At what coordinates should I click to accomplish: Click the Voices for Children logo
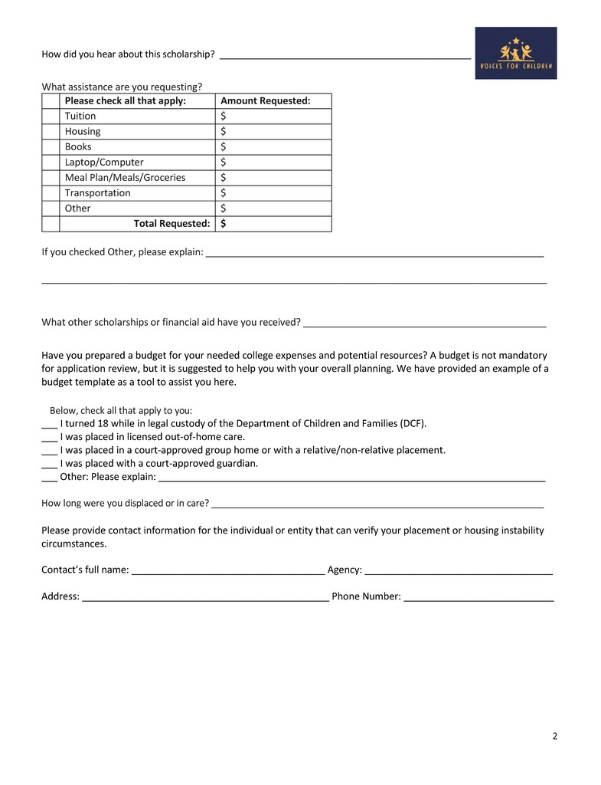click(515, 53)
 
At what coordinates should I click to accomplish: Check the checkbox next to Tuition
click(51, 117)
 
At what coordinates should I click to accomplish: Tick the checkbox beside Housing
click(51, 132)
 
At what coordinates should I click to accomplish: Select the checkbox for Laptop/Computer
click(51, 163)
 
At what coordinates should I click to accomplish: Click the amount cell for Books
click(273, 147)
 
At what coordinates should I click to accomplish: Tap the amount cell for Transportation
click(273, 193)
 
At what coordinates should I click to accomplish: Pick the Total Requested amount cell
click(273, 224)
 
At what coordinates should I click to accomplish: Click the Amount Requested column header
click(265, 101)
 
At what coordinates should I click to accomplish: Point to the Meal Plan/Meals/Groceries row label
click(125, 178)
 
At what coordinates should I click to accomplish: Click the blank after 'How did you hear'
click(345, 54)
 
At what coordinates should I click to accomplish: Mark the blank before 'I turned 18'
click(49, 424)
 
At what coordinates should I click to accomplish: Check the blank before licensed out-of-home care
click(49, 438)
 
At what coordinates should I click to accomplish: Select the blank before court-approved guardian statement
click(49, 464)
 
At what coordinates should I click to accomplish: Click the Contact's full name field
click(228, 570)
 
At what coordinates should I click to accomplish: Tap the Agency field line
click(459, 570)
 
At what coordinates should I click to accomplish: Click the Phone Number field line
click(479, 597)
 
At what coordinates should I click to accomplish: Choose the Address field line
click(205, 597)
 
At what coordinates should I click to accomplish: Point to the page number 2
click(554, 737)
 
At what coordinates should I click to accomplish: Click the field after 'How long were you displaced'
click(377, 504)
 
